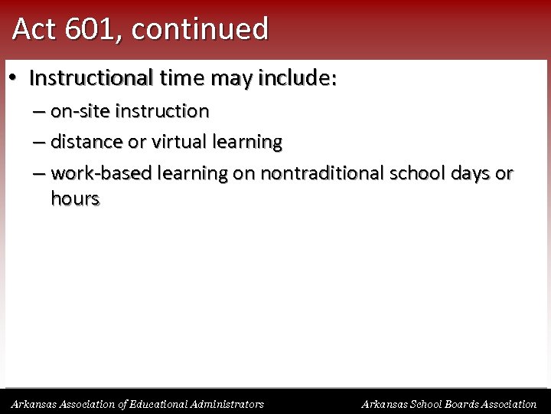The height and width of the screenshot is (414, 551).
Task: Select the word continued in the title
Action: tap(201, 29)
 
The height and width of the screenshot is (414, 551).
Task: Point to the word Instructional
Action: tap(91, 78)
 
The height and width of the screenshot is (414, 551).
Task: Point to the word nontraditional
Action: tap(322, 173)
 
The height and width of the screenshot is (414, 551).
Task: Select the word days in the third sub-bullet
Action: tap(469, 173)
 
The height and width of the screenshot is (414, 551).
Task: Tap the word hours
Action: tap(75, 199)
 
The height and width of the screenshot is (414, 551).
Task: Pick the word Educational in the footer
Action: tap(158, 404)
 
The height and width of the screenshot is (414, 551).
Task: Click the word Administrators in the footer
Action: tap(229, 404)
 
